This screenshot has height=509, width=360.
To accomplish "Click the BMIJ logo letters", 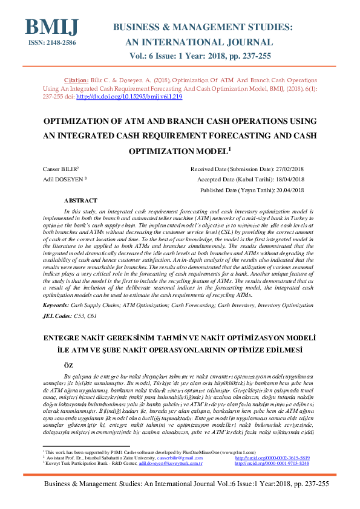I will (x=51, y=27).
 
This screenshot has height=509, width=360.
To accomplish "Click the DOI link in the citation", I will (x=129, y=97).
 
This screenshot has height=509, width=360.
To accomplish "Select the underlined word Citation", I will (x=76, y=79).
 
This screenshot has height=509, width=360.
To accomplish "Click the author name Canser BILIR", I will (x=61, y=170).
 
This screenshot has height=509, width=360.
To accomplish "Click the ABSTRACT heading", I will (x=80, y=200).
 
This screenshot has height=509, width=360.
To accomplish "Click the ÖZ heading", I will (x=69, y=365).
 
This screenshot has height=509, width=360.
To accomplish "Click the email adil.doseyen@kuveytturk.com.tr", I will (x=170, y=463).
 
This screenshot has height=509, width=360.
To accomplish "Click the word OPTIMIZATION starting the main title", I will (x=79, y=121).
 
